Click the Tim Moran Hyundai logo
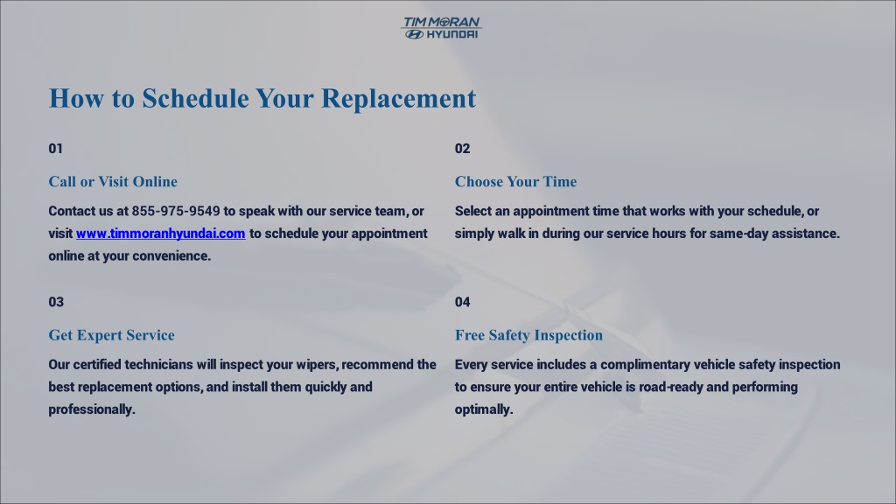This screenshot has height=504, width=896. (441, 28)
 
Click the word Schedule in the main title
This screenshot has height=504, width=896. (195, 98)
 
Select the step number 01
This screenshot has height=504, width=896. (55, 149)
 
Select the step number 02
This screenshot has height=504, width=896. (462, 149)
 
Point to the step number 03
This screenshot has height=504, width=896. (56, 302)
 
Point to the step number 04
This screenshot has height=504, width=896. (462, 302)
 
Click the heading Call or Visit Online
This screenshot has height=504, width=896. (113, 182)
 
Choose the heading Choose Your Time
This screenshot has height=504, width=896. (515, 182)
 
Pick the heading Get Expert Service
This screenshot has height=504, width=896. (111, 335)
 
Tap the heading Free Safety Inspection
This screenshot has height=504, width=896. (528, 335)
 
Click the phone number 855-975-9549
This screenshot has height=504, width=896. (176, 212)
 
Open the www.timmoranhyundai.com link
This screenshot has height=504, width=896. (161, 234)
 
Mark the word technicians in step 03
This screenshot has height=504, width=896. (159, 365)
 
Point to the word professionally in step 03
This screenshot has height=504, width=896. (91, 409)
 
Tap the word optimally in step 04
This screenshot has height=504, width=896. (483, 409)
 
